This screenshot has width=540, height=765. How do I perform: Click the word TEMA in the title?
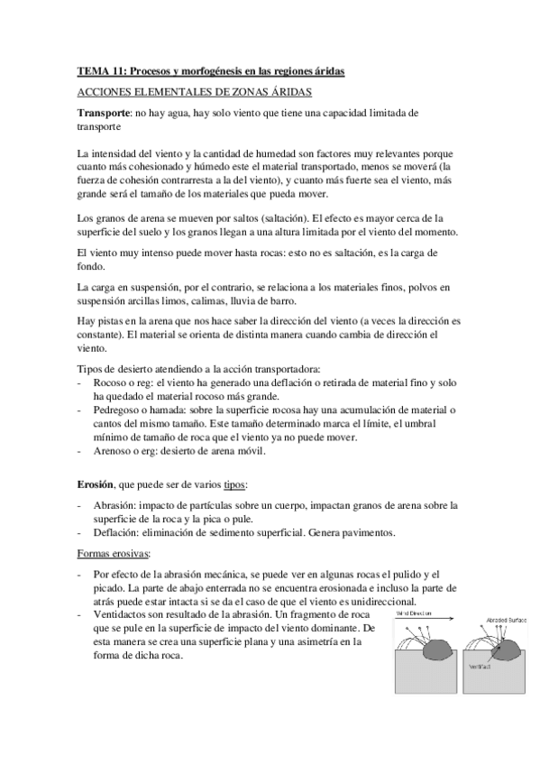(91, 70)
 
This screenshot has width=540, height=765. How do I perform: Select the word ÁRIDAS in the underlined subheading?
(286, 92)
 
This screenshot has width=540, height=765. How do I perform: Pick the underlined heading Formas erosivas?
(113, 552)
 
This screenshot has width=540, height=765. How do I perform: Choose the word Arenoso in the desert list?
(114, 449)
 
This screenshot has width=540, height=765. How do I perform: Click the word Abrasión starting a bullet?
(115, 505)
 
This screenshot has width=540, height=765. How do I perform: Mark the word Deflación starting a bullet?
(117, 531)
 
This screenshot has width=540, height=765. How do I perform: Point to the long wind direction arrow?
(424, 620)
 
